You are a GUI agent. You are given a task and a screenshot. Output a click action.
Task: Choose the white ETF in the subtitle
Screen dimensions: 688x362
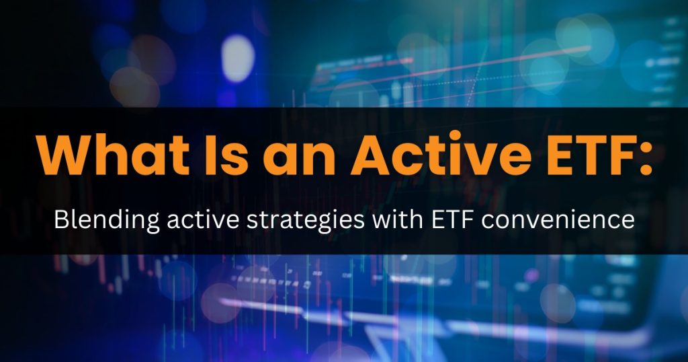click(x=452, y=220)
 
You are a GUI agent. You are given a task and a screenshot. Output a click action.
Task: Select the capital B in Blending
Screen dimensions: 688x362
click(x=60, y=220)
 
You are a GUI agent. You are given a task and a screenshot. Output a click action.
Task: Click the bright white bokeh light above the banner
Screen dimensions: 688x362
click(x=238, y=58)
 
